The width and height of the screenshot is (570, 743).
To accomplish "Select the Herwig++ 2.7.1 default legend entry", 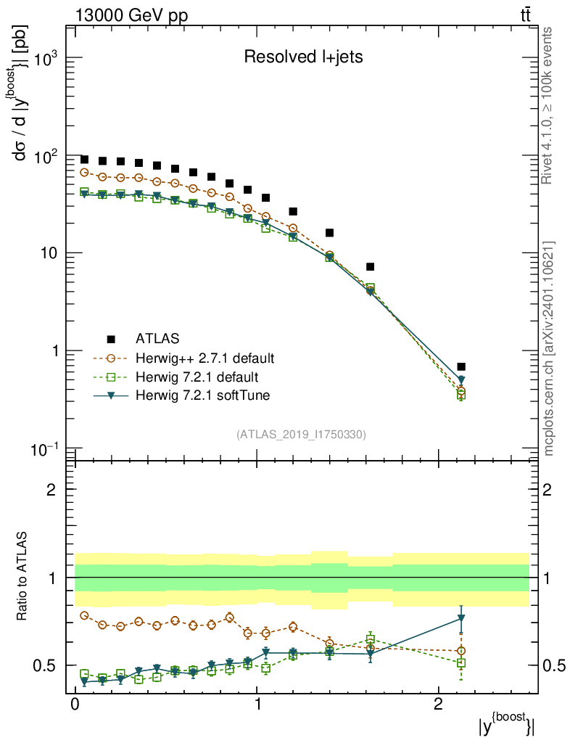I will pyautogui.click(x=205, y=358).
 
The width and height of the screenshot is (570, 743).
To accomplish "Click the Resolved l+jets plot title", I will pyautogui.click(x=303, y=57).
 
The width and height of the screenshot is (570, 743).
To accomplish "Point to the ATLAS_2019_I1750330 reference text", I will pyautogui.click(x=301, y=435).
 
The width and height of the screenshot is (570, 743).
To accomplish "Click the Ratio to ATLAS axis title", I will pyautogui.click(x=23, y=578).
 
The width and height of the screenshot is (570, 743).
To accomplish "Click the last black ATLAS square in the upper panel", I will pyautogui.click(x=461, y=366).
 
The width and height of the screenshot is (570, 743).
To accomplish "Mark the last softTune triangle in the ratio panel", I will pyautogui.click(x=461, y=619).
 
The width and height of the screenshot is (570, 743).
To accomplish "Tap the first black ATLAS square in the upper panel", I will pyautogui.click(x=84, y=160).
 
